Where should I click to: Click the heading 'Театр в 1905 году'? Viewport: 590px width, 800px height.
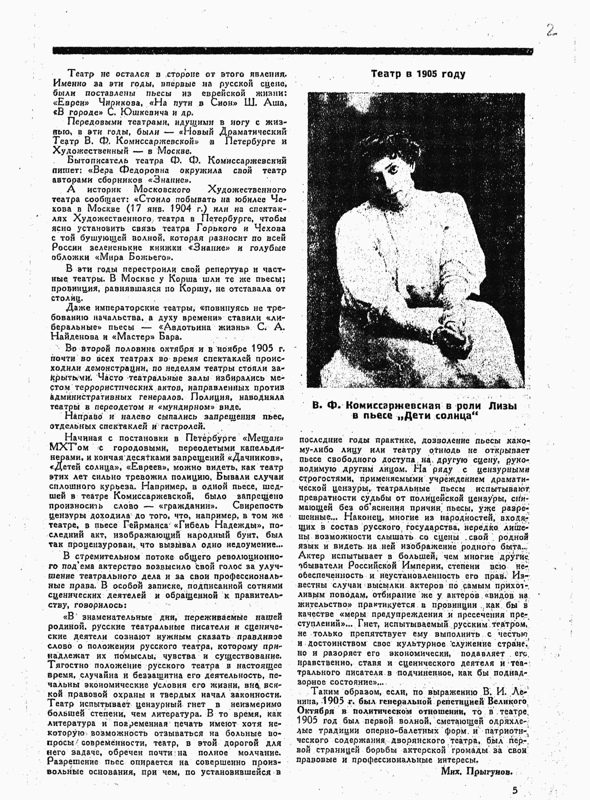418,74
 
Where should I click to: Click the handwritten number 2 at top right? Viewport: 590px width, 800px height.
551,31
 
